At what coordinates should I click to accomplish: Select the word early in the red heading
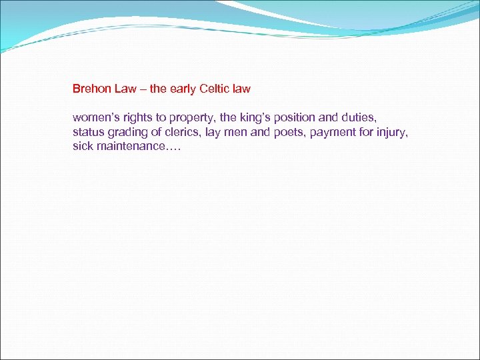click(x=179, y=88)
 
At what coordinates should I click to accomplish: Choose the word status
click(x=88, y=131)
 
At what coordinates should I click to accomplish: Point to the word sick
click(x=83, y=146)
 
